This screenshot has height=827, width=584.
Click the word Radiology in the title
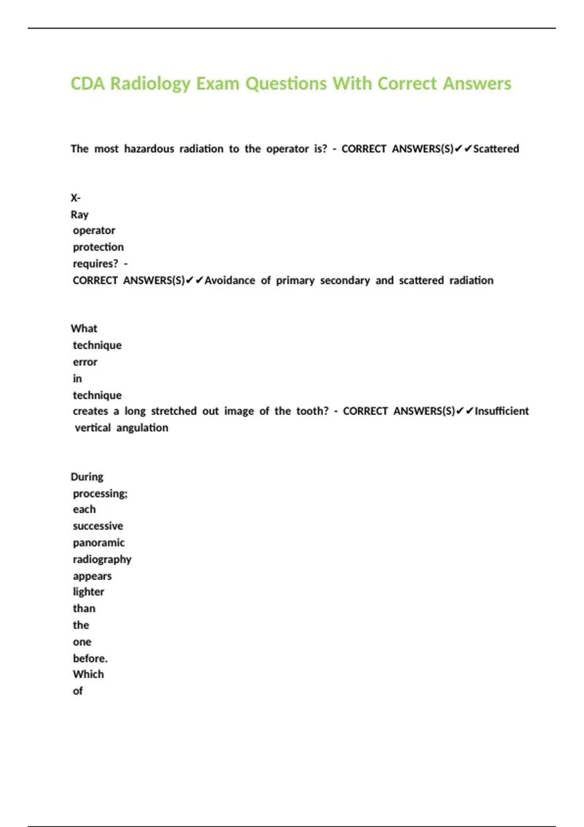(150, 84)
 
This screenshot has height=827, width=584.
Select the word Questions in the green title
(286, 84)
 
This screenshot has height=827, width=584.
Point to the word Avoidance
(230, 281)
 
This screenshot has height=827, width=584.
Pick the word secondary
(345, 281)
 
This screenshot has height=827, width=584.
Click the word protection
(98, 247)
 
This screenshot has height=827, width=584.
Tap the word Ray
(79, 215)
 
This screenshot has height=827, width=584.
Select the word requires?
(95, 264)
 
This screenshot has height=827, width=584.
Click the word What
(84, 329)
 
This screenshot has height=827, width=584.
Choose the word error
(85, 362)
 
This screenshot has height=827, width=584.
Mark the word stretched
(174, 411)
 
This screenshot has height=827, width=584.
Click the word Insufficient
(502, 411)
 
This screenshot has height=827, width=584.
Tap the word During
(87, 477)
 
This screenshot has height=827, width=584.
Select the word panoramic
(99, 543)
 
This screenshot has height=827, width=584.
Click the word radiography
(102, 559)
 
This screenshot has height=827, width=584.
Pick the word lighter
(89, 592)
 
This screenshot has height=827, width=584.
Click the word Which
(88, 674)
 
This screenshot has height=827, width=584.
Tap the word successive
(98, 526)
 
